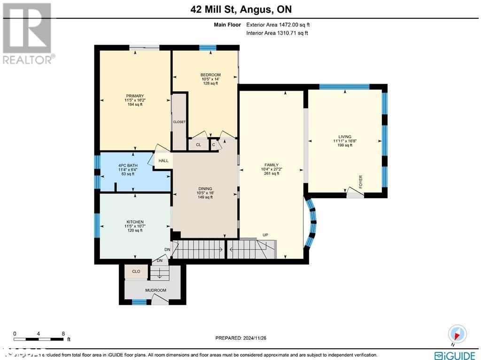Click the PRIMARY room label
coord(135,96)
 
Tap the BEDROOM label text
coord(210,75)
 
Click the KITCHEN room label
coord(135,222)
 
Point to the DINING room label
coord(205,188)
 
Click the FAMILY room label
coord(271,165)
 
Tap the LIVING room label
coord(344,137)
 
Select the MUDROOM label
coord(155,290)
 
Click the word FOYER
coord(361,181)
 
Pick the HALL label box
coord(163,161)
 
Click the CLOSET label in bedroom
coord(179,122)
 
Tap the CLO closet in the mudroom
coord(136,272)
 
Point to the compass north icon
coord(458,334)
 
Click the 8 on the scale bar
coord(63,334)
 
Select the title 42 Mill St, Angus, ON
coord(241,9)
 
